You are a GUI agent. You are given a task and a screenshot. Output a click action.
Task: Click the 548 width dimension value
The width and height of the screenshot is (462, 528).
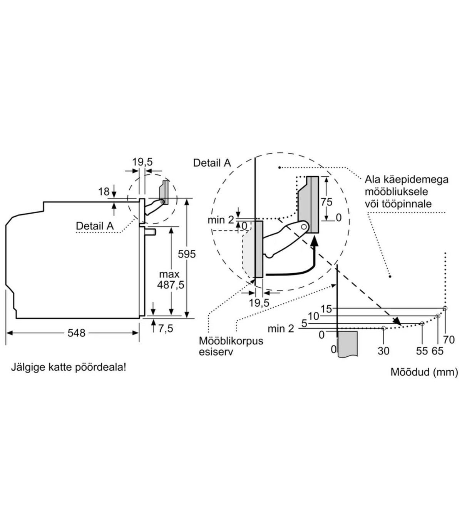point(76,333)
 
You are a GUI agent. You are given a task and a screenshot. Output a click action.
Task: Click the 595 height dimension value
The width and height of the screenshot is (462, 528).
point(187,254)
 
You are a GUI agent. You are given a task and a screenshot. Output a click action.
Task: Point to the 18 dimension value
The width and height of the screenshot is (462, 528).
point(104,191)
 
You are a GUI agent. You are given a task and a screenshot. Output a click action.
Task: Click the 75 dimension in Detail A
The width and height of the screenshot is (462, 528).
point(326,202)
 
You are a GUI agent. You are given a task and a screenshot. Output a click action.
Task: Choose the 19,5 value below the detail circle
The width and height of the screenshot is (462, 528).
point(259,303)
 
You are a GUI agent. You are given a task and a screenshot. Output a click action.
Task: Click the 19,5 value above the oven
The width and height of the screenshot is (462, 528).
point(142,162)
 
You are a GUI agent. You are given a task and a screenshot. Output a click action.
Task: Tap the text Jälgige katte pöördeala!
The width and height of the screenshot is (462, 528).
point(69,367)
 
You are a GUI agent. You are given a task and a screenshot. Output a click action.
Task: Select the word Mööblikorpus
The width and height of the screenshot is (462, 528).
point(231,341)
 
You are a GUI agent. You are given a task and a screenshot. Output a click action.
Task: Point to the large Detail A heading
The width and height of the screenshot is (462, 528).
point(212,163)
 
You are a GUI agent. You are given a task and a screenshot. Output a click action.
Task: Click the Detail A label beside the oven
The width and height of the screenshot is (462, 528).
point(95,226)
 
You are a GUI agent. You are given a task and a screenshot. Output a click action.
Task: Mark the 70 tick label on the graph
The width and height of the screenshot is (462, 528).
point(449,339)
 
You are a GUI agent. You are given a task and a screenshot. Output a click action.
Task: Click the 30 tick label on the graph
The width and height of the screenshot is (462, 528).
point(383,351)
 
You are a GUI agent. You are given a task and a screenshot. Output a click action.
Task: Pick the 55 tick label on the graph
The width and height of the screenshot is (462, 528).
point(422,351)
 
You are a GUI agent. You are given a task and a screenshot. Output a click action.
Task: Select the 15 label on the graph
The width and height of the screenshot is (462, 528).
point(326,309)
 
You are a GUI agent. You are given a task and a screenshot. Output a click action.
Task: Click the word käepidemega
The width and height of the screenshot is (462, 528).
point(407,180)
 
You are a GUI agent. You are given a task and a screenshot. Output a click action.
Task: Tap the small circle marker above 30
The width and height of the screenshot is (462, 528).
point(383,328)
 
